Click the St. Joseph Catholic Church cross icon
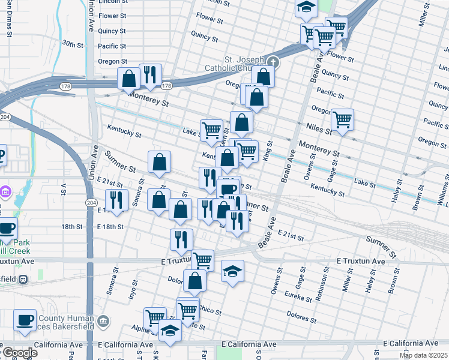click(273, 62)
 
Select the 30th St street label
click(72, 44)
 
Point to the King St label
click(268, 151)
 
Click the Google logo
click(19, 353)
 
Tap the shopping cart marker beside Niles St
click(342, 119)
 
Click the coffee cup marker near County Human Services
click(25, 320)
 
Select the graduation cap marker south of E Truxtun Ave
click(232, 271)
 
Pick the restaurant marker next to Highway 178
click(150, 74)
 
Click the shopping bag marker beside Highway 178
click(128, 79)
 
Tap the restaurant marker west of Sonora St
click(116, 200)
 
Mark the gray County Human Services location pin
click(103, 321)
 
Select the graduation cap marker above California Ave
click(170, 330)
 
